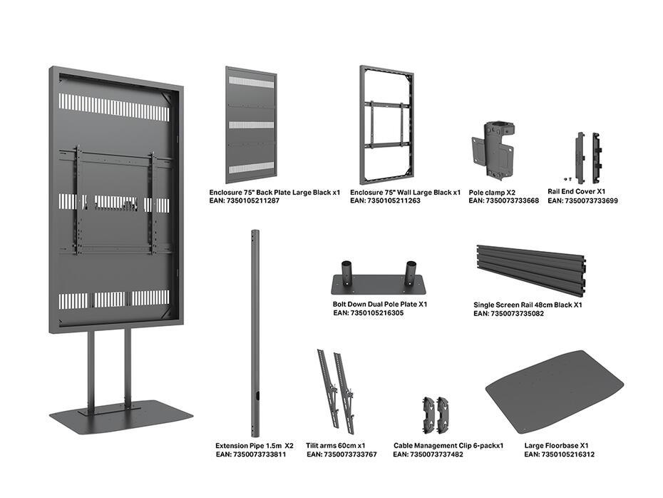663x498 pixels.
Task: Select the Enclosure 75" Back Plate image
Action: [250, 125]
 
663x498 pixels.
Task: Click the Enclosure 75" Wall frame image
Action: [386, 125]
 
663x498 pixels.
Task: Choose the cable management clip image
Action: [436, 412]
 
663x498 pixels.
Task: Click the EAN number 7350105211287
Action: [244, 202]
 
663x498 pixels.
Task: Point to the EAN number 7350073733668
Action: [503, 201]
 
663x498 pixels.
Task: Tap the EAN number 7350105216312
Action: [559, 454]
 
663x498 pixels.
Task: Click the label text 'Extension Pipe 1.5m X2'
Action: [254, 445]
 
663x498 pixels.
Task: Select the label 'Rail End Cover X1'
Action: [576, 192]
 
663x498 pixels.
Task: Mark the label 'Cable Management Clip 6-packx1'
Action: [448, 445]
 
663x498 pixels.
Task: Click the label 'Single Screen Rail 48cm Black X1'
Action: [528, 305]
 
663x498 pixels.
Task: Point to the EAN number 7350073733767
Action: [341, 454]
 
